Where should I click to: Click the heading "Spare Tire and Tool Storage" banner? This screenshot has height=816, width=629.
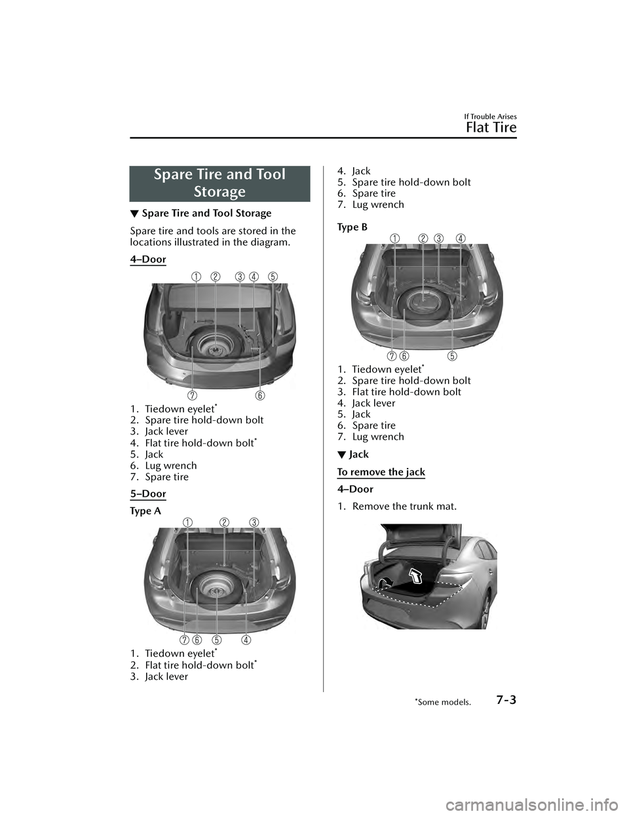(x=219, y=183)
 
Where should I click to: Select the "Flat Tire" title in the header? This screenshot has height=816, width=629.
(x=491, y=127)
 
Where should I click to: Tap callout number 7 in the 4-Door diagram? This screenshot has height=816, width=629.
(x=192, y=395)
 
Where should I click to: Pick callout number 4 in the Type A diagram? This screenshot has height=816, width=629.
(x=245, y=639)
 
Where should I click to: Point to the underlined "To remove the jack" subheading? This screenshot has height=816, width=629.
(x=381, y=472)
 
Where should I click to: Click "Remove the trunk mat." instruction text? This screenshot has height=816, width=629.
(x=404, y=506)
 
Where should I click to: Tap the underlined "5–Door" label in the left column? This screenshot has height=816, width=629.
(x=148, y=494)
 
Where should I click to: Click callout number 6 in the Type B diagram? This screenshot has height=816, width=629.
(x=404, y=356)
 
